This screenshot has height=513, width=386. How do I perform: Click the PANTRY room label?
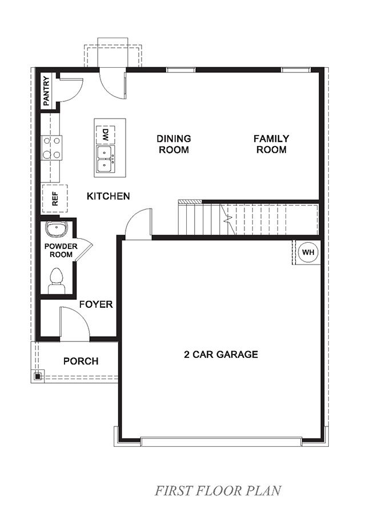click(x=46, y=90)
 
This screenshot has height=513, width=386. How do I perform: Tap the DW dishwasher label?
click(x=106, y=135)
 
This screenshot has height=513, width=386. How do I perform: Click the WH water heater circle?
click(x=308, y=252)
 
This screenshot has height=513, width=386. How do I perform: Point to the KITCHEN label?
click(x=108, y=196)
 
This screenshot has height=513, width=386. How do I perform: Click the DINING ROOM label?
click(x=174, y=144)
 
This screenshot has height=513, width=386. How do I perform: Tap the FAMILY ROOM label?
click(x=271, y=144)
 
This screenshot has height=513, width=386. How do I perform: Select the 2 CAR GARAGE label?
click(x=220, y=355)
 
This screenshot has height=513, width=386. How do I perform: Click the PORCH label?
click(x=81, y=361)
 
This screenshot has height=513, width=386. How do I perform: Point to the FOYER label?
click(x=96, y=304)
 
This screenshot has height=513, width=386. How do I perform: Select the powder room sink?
click(x=56, y=230)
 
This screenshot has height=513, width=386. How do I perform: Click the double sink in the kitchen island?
click(x=104, y=158)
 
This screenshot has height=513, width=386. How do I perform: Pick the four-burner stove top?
click(x=51, y=147)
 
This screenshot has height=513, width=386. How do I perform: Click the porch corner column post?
click(x=37, y=376)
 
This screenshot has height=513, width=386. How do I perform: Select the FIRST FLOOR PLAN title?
click(x=218, y=490)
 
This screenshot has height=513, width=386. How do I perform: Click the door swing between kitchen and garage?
click(x=139, y=222)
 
